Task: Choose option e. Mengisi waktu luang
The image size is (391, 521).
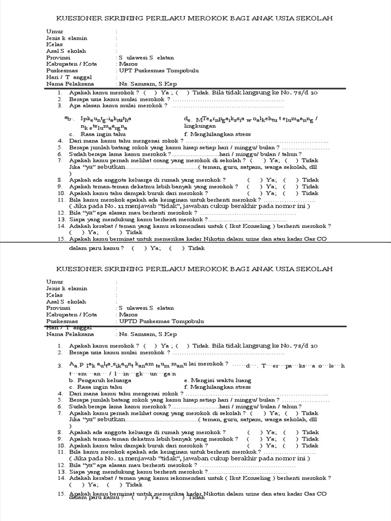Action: pyautogui.click(x=211, y=380)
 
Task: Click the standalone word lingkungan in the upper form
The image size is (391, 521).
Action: pyautogui.click(x=200, y=126)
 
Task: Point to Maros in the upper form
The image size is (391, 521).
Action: pyautogui.click(x=127, y=64)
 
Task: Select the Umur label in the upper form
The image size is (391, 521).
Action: pyautogui.click(x=54, y=32)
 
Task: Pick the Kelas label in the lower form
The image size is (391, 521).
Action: pyautogui.click(x=54, y=295)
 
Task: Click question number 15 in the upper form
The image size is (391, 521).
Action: pyautogui.click(x=61, y=239)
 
